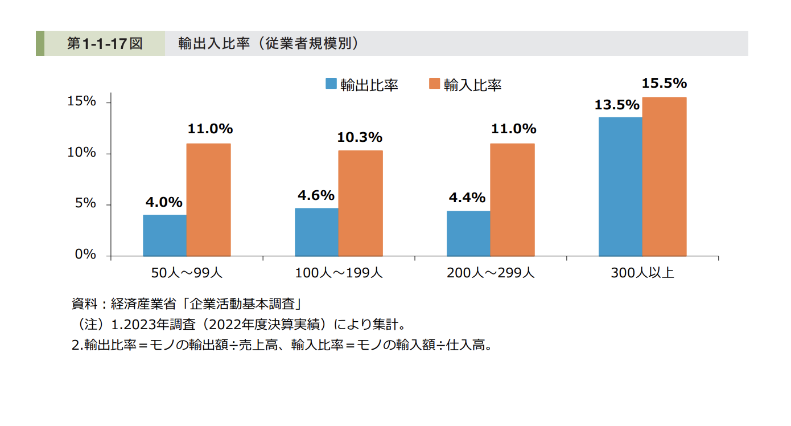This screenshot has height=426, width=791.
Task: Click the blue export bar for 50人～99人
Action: (164, 235)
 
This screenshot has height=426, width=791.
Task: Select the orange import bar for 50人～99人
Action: (209, 199)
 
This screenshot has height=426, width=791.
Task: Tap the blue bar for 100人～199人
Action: (316, 232)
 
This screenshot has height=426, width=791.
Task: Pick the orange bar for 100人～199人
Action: (361, 203)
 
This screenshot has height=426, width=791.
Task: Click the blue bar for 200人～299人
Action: (468, 234)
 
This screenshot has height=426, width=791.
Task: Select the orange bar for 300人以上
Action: (665, 177)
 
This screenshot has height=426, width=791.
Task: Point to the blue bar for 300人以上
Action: (620, 187)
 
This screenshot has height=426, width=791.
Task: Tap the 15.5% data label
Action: (664, 84)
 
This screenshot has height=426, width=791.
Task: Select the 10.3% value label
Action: (360, 137)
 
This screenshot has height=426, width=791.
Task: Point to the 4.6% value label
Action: (316, 195)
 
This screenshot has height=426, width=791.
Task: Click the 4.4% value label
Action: (467, 198)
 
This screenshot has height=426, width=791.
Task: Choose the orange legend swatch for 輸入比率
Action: (434, 84)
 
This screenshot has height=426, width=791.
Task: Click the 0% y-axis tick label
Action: (85, 255)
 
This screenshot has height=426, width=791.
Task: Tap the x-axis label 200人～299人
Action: (491, 273)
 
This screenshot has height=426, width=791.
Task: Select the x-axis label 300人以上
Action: (642, 273)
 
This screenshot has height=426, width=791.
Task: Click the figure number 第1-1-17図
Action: (105, 43)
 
